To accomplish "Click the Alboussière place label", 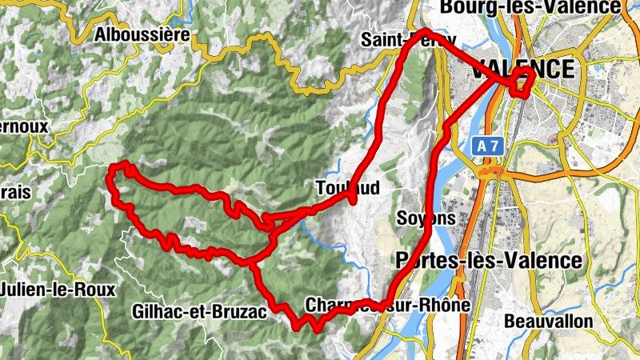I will coord(142,34).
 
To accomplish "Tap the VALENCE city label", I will coord(523,69).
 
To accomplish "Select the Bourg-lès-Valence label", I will coord(530,7).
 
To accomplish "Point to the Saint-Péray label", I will coord(408,38).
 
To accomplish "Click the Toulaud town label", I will coord(346,187).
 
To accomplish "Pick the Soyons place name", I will coord(426,218).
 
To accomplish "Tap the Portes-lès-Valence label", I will coord(488,261).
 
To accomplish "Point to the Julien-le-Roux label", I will coord(58,289).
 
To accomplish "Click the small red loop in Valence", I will coord(522,82).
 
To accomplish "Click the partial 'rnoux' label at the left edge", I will coord(24,126).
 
